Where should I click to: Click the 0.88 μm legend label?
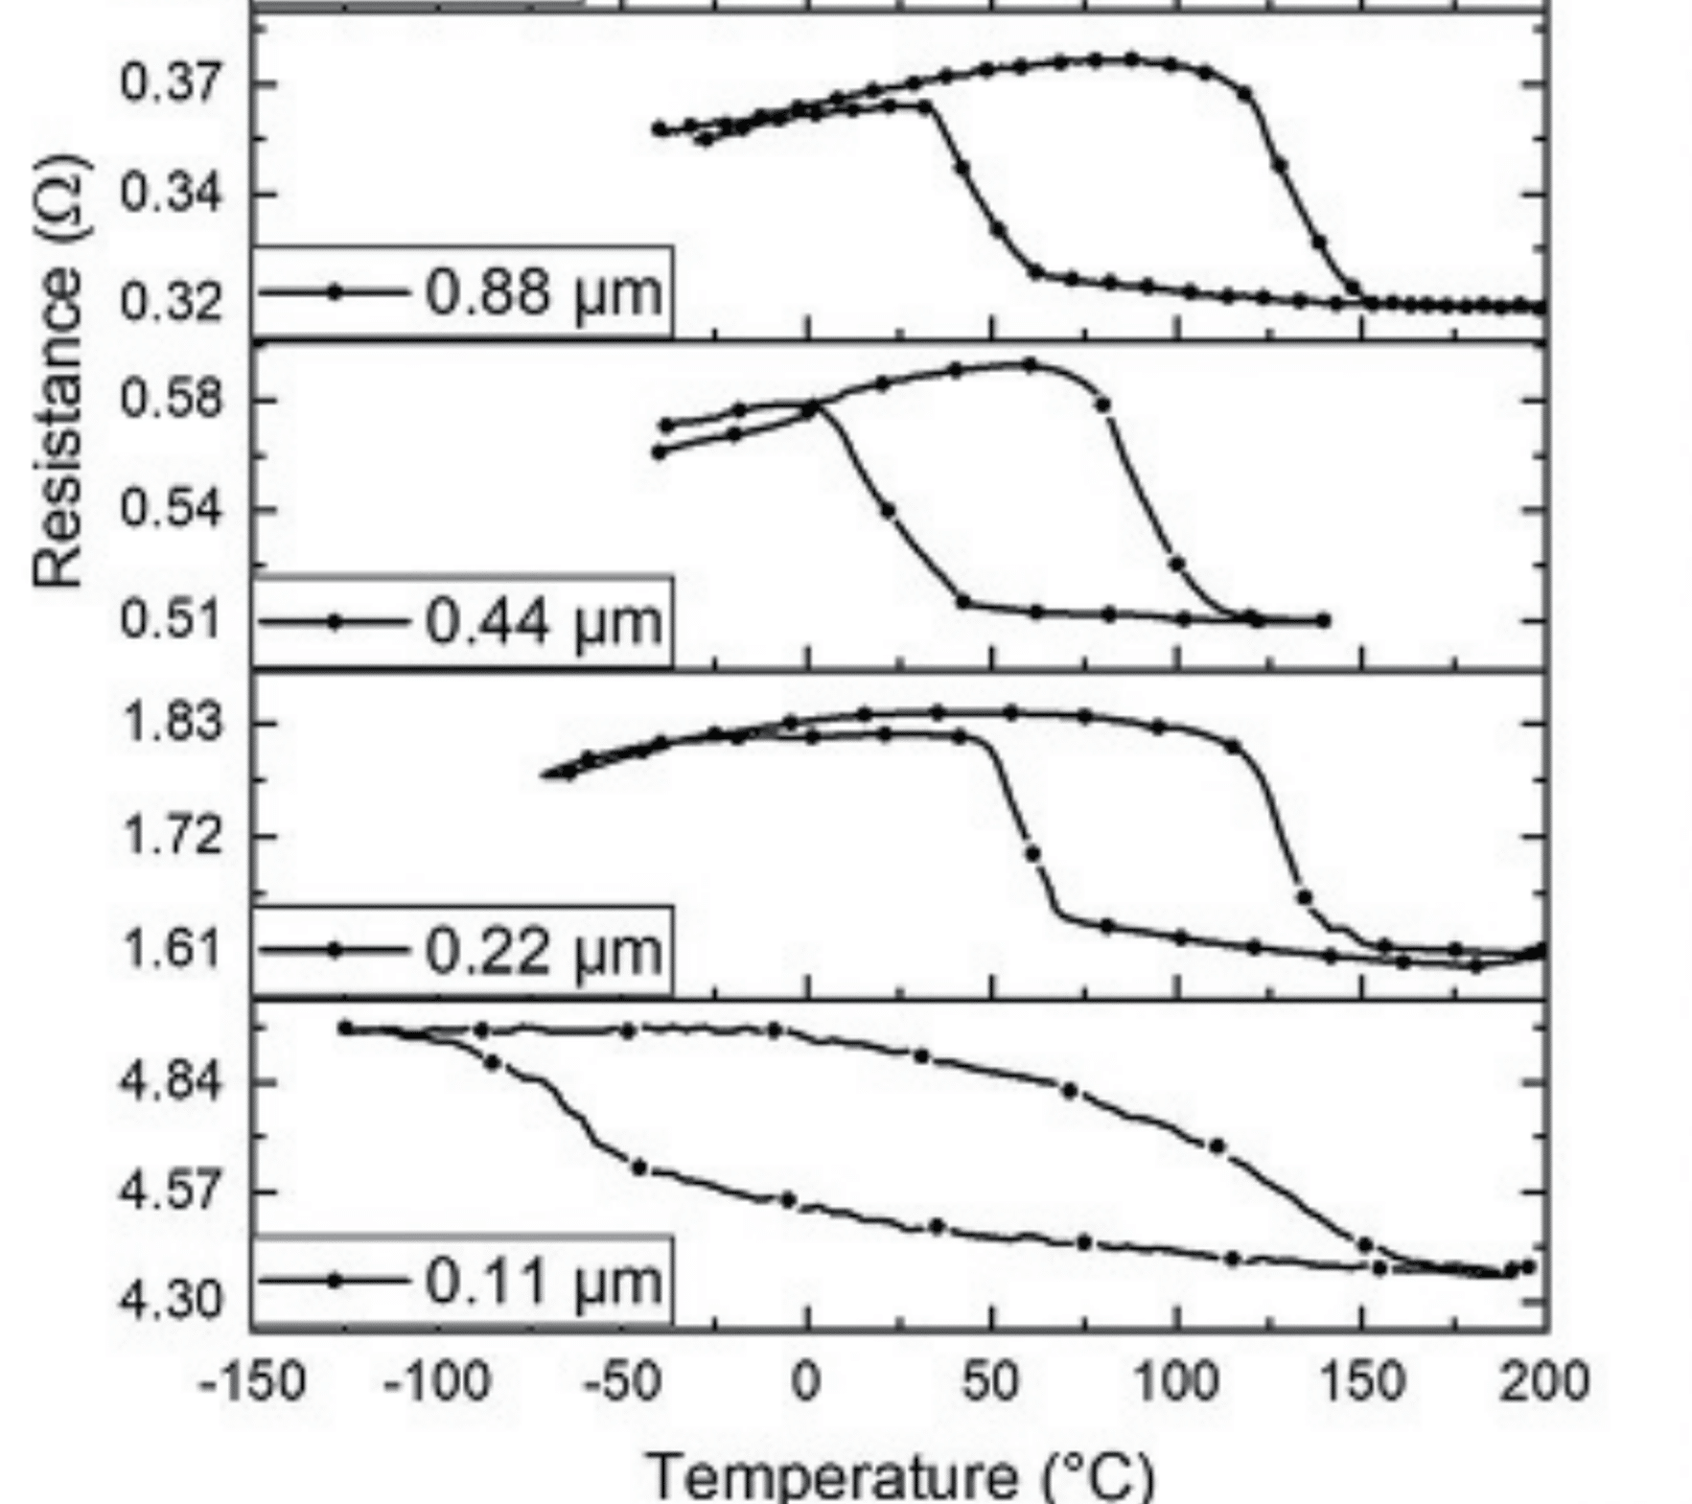click(543, 291)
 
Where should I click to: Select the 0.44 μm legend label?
click(543, 621)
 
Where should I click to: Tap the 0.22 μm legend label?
click(543, 951)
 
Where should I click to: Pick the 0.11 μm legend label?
click(543, 1281)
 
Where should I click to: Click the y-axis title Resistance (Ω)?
click(58, 371)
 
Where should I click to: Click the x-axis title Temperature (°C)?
click(901, 1474)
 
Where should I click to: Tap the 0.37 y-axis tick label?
click(171, 83)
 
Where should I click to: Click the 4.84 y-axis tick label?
click(171, 1081)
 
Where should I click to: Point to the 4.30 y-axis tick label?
click(171, 1301)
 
